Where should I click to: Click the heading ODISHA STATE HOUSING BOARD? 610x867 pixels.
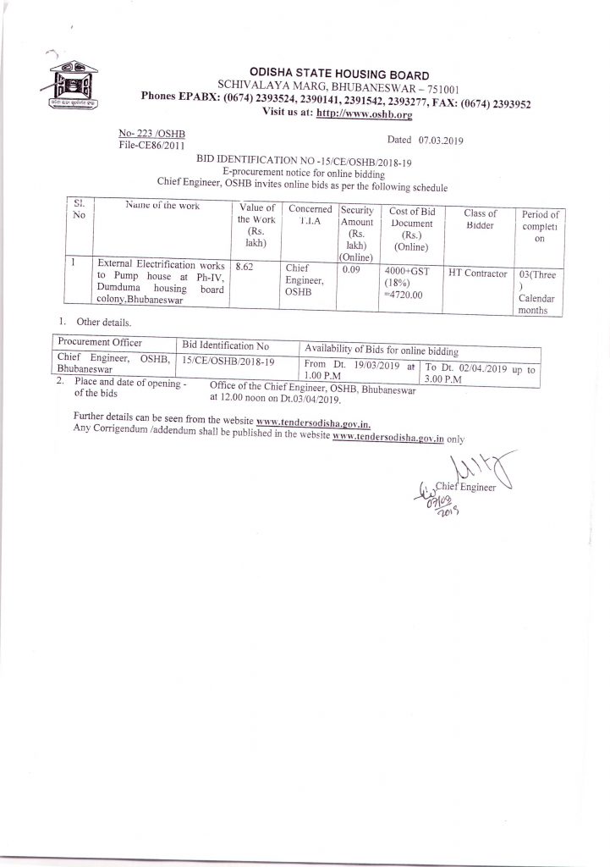pos(338,75)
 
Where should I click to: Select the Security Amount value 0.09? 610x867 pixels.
pos(352,268)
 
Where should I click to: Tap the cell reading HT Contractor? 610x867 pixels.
pos(478,273)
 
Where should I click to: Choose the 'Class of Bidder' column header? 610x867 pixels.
pos(480,220)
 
